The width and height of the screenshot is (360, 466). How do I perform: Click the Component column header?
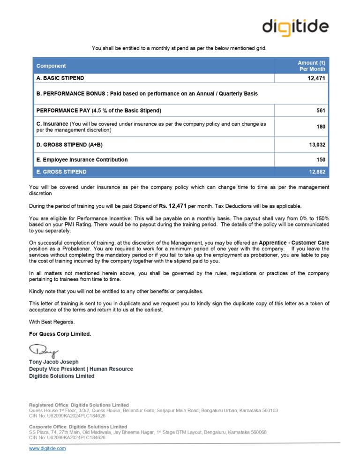[51, 66]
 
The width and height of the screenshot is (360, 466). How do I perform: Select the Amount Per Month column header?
[312, 66]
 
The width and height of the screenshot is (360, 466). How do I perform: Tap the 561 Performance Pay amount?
[321, 111]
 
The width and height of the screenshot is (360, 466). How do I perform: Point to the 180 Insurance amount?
[321, 127]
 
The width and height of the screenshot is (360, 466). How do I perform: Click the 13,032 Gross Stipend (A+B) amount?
[317, 145]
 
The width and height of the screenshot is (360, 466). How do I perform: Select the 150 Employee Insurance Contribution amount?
[321, 160]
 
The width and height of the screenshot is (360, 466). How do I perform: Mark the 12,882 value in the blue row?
[317, 172]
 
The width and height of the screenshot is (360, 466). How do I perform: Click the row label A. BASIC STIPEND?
[60, 78]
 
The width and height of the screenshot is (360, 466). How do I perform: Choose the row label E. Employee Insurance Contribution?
[82, 160]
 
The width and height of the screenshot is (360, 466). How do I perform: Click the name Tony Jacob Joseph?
[54, 362]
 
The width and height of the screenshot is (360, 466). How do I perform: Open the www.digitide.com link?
[47, 449]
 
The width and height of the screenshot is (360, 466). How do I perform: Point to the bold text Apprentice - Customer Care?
[294, 243]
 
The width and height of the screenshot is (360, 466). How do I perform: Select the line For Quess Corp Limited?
[60, 334]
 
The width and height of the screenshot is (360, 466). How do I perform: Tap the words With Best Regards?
[52, 322]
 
